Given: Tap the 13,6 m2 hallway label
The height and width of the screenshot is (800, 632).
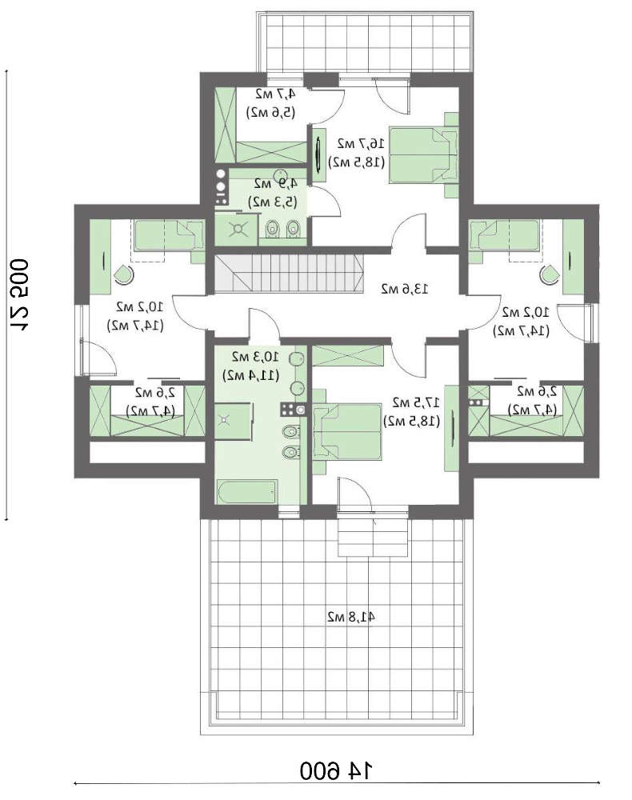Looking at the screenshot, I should point(404,287).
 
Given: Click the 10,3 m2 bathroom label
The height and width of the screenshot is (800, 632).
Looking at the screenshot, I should point(254,356).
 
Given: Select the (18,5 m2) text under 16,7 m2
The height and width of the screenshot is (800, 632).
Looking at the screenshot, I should point(358,162).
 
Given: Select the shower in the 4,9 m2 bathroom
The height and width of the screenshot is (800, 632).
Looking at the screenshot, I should point(238,228).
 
